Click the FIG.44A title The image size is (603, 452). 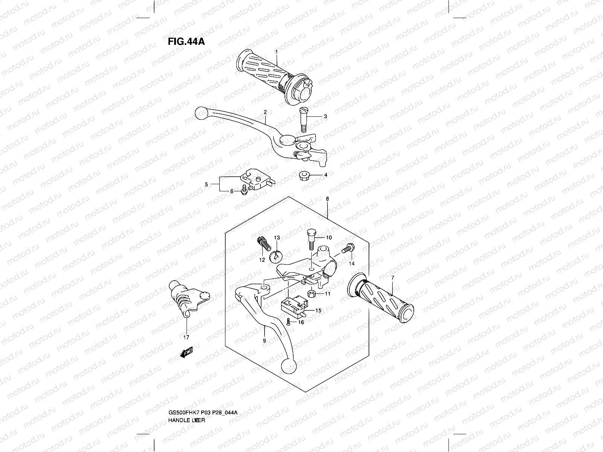pyautogui.click(x=186, y=41)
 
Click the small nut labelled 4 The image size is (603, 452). pyautogui.click(x=303, y=176)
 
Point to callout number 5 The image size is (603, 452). pyautogui.click(x=207, y=184)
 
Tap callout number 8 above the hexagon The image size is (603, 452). pyautogui.click(x=327, y=199)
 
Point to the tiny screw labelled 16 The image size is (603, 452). pyautogui.click(x=288, y=322)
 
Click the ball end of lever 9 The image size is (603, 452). pyautogui.click(x=289, y=365)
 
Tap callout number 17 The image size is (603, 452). pyautogui.click(x=186, y=337)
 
